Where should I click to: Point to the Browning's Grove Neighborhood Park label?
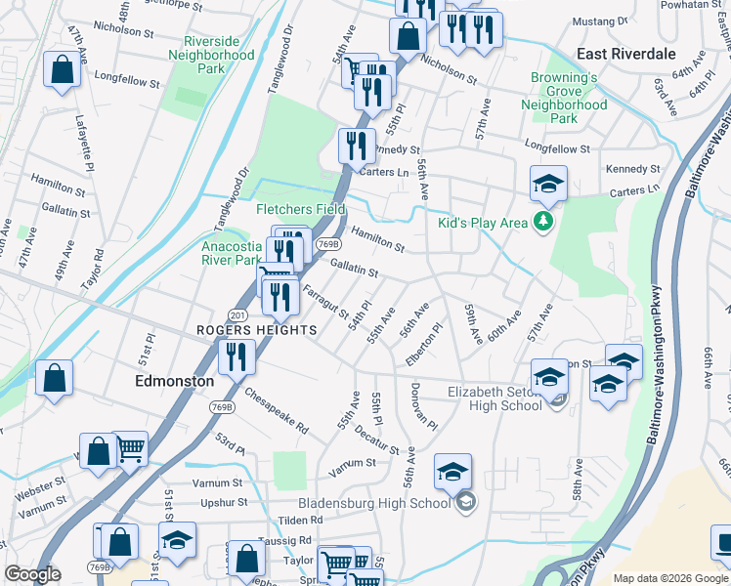click(564, 98)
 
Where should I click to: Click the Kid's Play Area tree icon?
click(544, 222)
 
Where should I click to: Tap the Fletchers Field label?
click(301, 209)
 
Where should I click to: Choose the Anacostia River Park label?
click(232, 254)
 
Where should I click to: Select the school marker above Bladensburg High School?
click(452, 472)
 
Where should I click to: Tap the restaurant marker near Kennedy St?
click(357, 146)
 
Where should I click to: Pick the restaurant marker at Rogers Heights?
click(236, 356)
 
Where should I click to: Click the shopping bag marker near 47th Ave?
click(62, 70)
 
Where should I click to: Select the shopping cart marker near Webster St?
click(130, 448)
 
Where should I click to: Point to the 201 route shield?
click(237, 314)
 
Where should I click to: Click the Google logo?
click(32, 574)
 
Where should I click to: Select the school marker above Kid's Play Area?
click(548, 183)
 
